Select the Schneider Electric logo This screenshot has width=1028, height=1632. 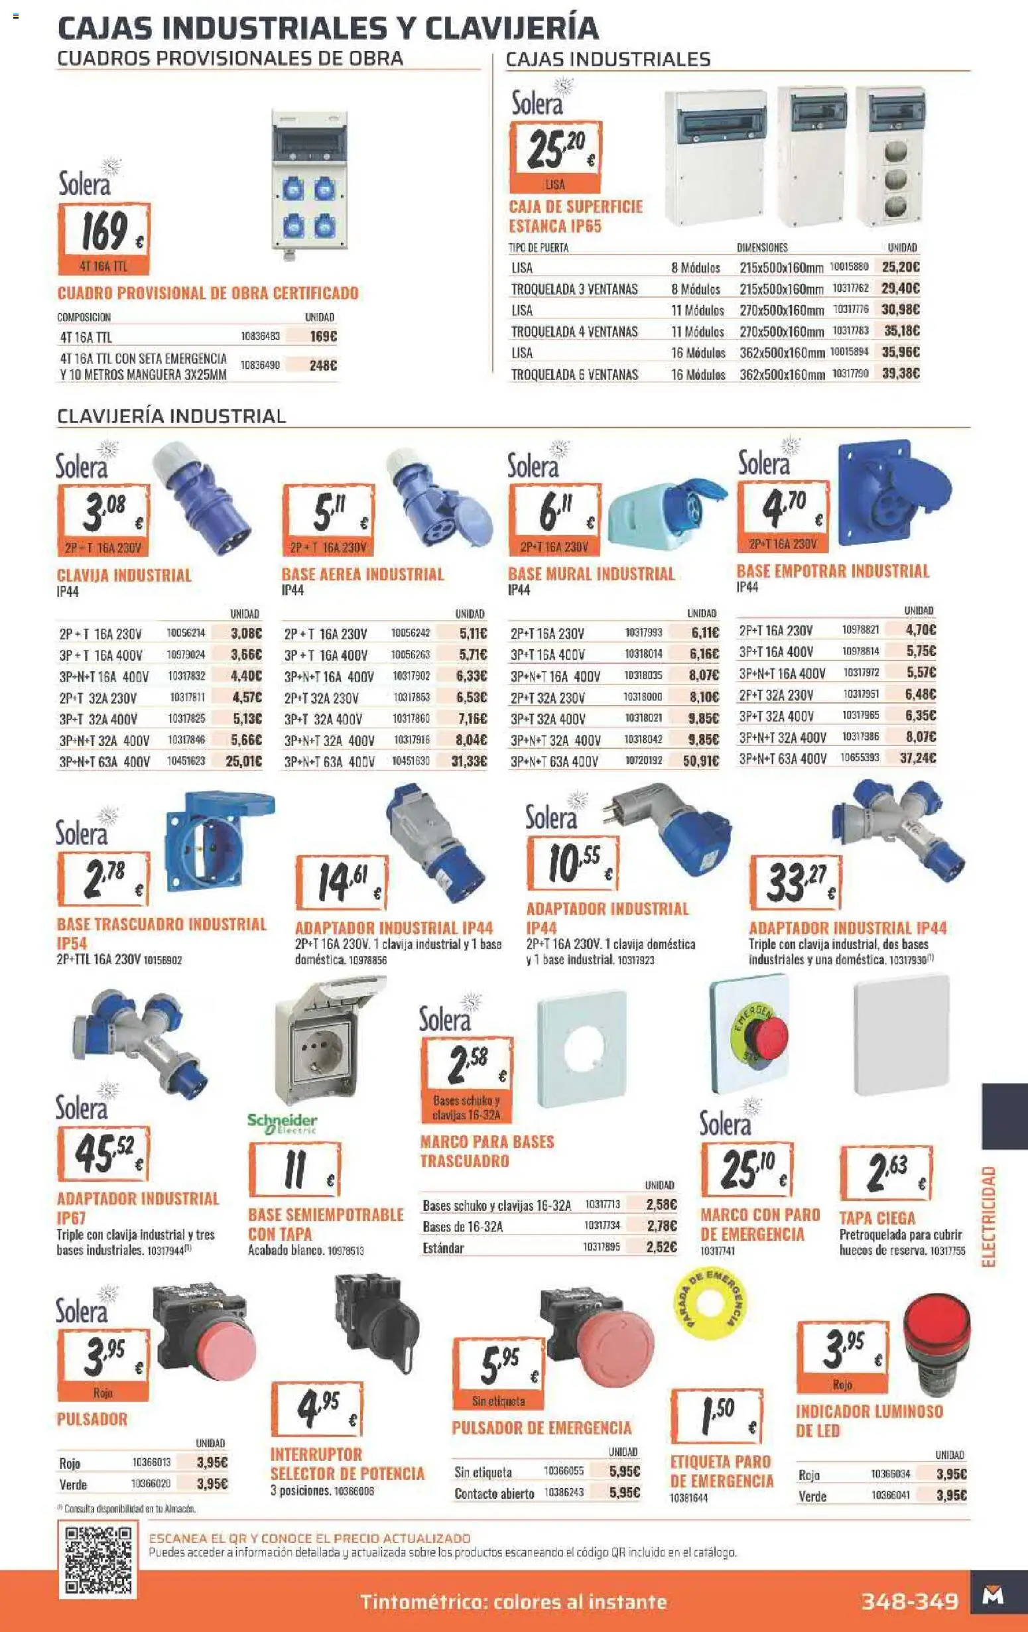(x=282, y=1123)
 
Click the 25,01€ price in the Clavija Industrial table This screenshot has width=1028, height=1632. (x=243, y=761)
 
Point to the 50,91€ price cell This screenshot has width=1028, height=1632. (x=700, y=761)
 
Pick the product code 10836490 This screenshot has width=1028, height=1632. (x=260, y=365)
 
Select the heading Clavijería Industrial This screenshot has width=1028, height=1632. (x=172, y=416)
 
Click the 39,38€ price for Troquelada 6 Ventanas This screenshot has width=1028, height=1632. (x=900, y=373)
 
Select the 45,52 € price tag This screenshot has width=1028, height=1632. (x=103, y=1153)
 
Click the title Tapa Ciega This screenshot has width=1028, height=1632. (x=877, y=1218)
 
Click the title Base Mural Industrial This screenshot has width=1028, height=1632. (x=591, y=574)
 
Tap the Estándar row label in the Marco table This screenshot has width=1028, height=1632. (x=443, y=1248)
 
